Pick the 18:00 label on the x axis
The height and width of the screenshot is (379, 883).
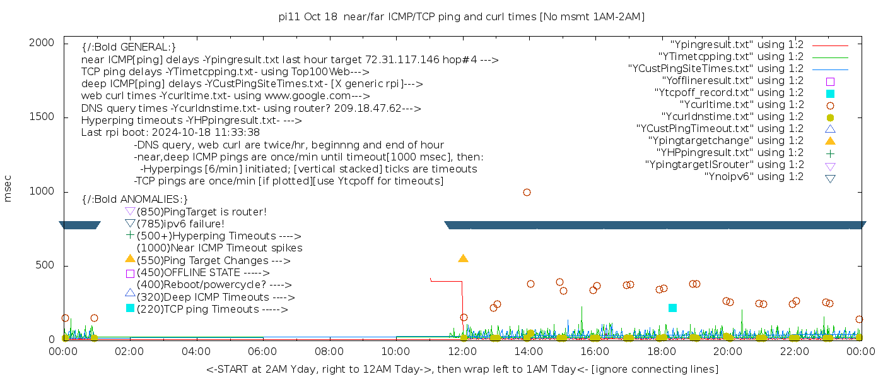click(661, 351)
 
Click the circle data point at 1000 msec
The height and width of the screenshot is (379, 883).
click(527, 192)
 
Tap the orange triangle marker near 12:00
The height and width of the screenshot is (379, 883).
click(463, 258)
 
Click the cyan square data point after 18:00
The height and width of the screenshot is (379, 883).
click(672, 308)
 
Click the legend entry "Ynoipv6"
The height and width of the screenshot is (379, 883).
click(754, 177)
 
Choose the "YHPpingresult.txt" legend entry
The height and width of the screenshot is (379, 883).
click(730, 153)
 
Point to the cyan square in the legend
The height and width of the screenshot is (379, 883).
click(830, 93)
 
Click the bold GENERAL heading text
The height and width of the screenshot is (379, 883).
click(129, 47)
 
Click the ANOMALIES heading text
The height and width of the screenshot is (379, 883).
click(135, 200)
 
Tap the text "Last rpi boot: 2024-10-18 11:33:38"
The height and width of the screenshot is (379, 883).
click(170, 133)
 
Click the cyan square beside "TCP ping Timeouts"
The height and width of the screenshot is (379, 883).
click(130, 308)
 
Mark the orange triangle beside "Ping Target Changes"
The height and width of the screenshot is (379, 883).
click(130, 259)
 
